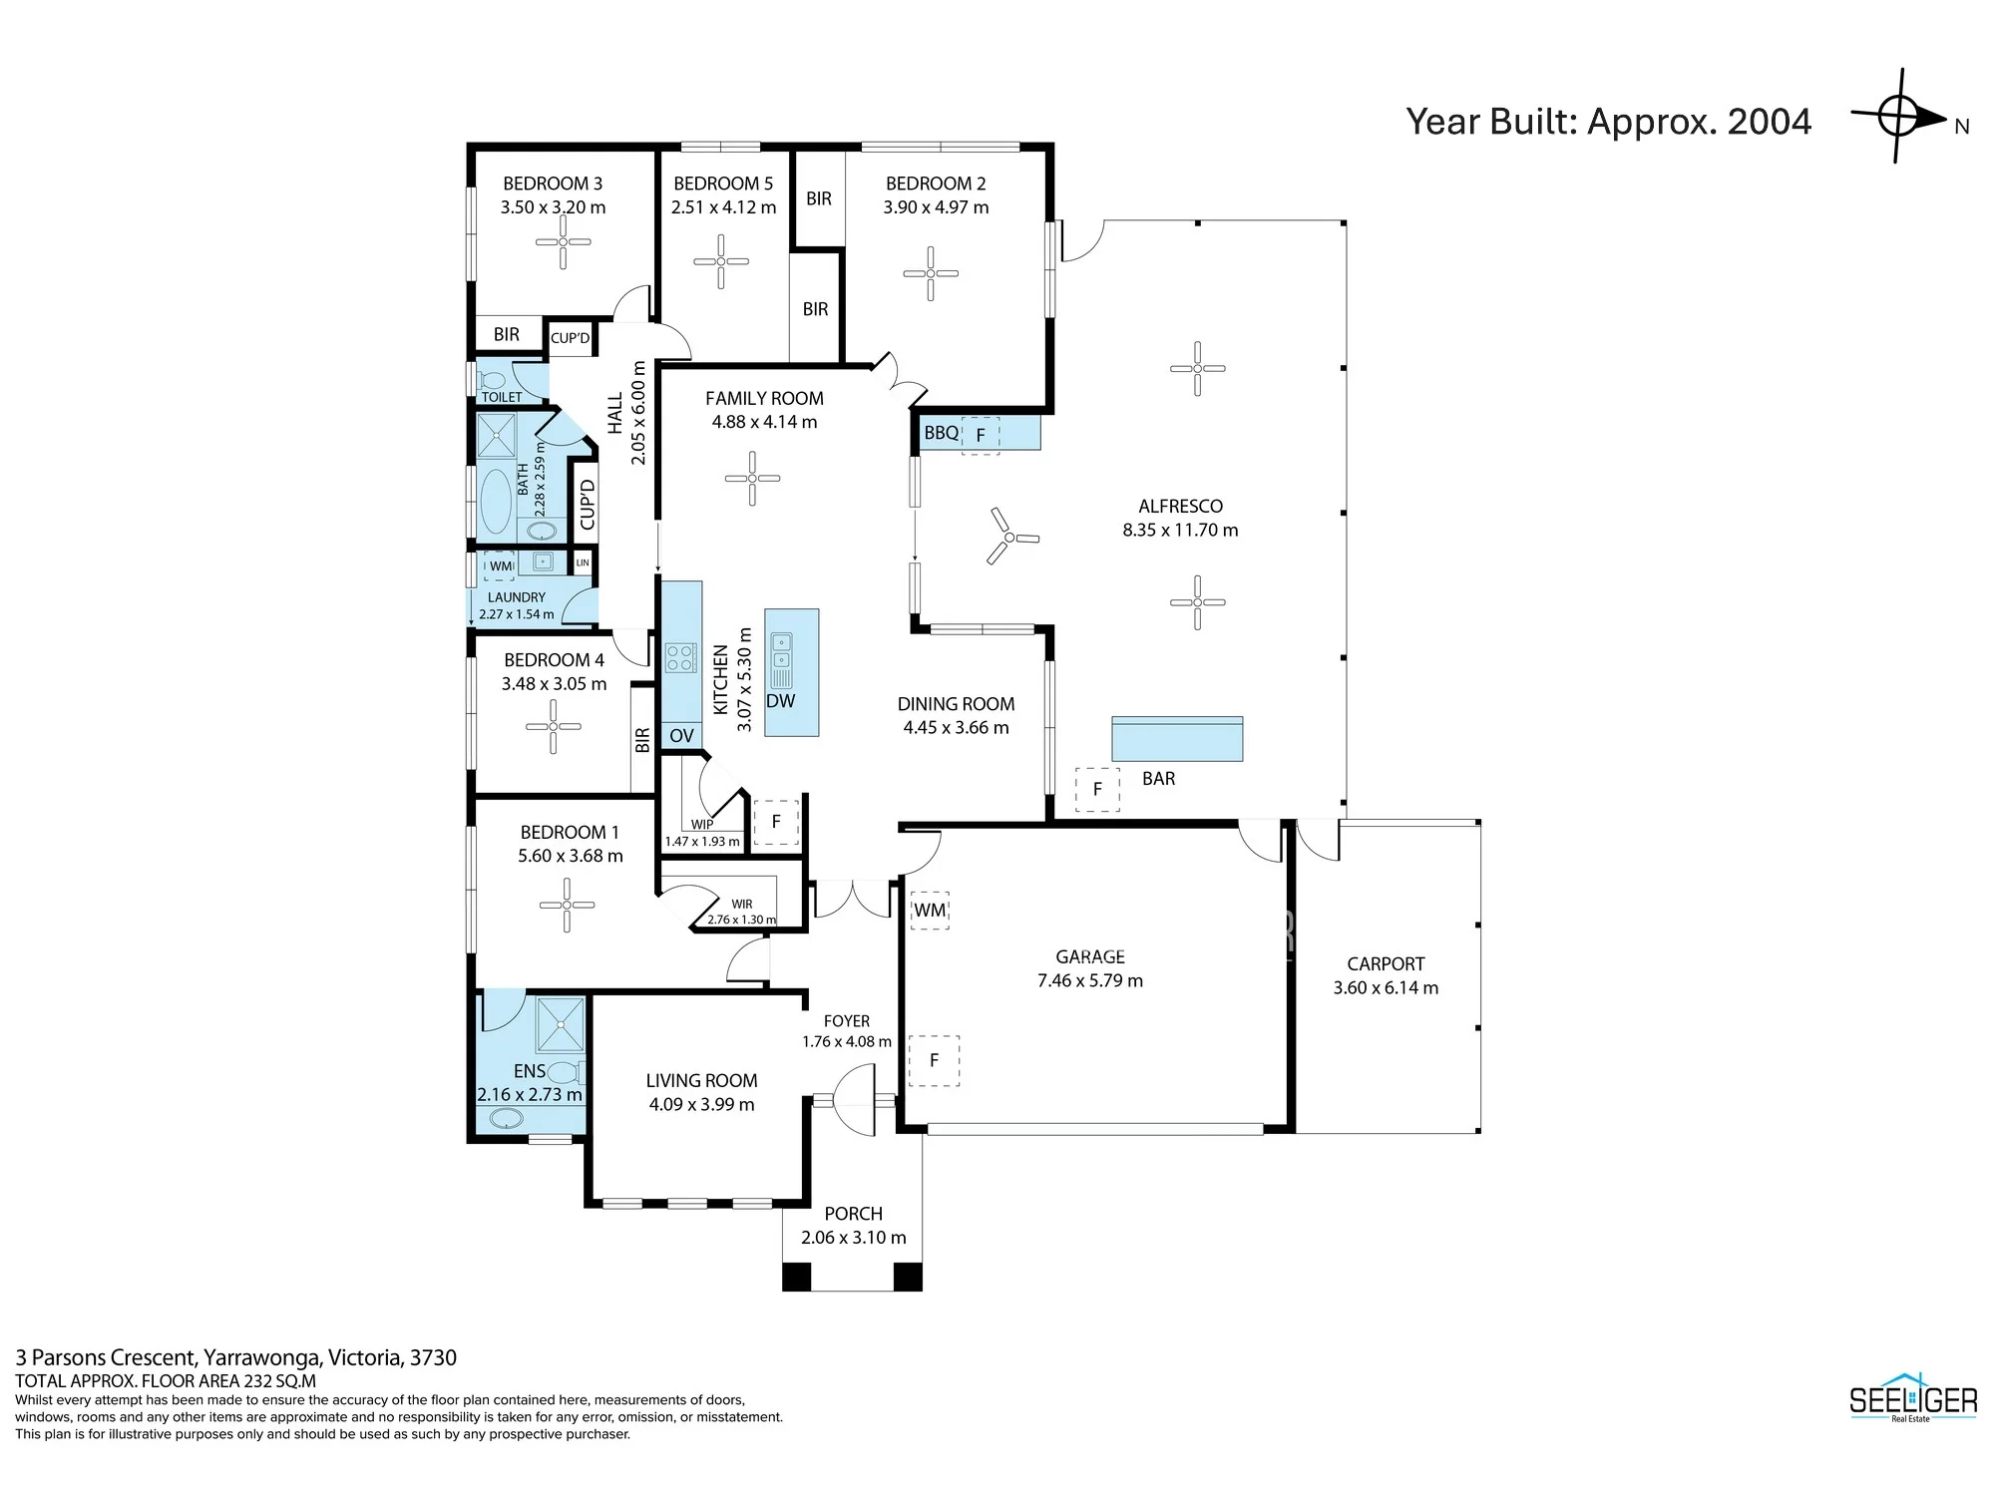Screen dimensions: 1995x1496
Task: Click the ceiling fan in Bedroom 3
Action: tap(563, 242)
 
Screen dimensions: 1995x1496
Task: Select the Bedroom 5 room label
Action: tap(723, 184)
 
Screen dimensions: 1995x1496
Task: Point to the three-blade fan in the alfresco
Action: tap(1009, 538)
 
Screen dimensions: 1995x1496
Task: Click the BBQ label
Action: tap(941, 433)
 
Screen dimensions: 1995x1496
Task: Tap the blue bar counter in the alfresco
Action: tap(1177, 739)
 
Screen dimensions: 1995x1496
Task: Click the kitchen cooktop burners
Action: tap(680, 657)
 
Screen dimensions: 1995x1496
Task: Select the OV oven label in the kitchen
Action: tap(681, 736)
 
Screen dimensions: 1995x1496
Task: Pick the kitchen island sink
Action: tap(781, 650)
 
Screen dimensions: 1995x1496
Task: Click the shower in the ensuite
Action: tap(560, 1023)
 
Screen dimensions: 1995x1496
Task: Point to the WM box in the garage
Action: tap(930, 911)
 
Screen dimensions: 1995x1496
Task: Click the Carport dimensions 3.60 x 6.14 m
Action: tap(1386, 988)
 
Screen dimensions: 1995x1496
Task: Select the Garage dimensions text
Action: tap(1090, 980)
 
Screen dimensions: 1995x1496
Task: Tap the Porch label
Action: tap(854, 1214)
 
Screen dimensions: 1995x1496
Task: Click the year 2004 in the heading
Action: tap(1770, 122)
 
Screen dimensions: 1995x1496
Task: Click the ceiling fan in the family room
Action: tap(752, 479)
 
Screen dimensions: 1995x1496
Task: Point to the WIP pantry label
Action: tap(702, 825)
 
